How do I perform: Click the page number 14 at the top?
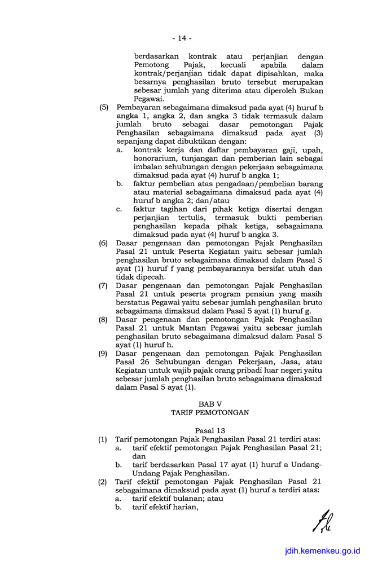click(182, 38)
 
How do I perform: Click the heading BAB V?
click(209, 404)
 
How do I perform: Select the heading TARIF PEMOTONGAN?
click(209, 413)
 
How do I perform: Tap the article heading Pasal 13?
click(209, 430)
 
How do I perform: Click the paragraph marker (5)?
click(103, 107)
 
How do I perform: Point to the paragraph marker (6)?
click(103, 243)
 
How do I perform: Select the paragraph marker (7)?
click(103, 285)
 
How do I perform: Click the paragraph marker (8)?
click(103, 319)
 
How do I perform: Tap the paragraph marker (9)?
click(103, 354)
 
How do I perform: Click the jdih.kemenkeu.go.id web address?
click(323, 551)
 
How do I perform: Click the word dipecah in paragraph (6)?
click(148, 277)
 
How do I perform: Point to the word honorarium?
click(156, 158)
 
